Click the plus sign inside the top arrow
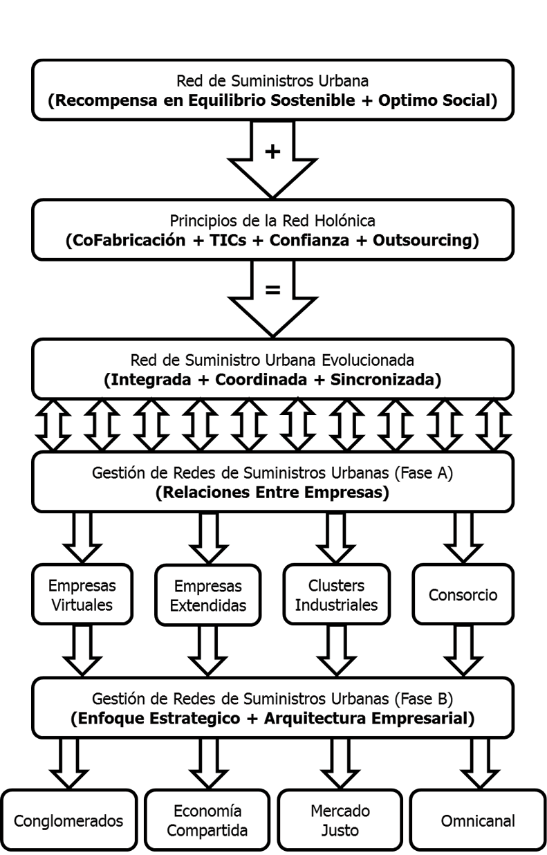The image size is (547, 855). [273, 151]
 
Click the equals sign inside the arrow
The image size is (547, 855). [273, 291]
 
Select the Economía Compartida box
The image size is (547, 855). [207, 821]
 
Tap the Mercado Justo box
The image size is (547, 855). [340, 821]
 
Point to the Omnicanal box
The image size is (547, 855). [476, 821]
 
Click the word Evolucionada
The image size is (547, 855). [372, 360]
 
